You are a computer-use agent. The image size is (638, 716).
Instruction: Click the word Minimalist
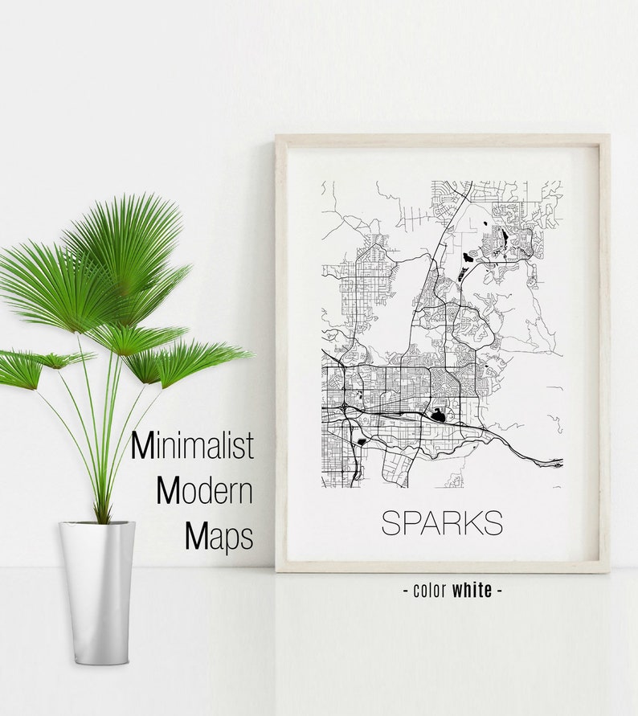point(192,445)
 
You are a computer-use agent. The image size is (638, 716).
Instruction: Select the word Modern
point(204,490)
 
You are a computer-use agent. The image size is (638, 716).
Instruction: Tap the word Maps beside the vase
point(219,536)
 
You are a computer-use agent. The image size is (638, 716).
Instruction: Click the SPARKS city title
point(441,522)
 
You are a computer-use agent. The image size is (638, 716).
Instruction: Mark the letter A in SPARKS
point(428,522)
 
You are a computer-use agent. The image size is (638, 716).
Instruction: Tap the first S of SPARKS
point(390,522)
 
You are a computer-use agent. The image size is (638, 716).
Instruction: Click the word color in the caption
point(430,591)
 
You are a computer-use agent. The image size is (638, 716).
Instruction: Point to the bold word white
point(472,591)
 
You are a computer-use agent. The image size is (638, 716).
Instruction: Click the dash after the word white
point(499,591)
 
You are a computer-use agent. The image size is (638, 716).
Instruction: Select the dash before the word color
point(406,591)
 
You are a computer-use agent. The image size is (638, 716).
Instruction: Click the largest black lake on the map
point(437,416)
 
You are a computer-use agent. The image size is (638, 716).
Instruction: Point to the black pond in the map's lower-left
point(361,441)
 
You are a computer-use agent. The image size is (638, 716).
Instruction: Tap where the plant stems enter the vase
point(101,521)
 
